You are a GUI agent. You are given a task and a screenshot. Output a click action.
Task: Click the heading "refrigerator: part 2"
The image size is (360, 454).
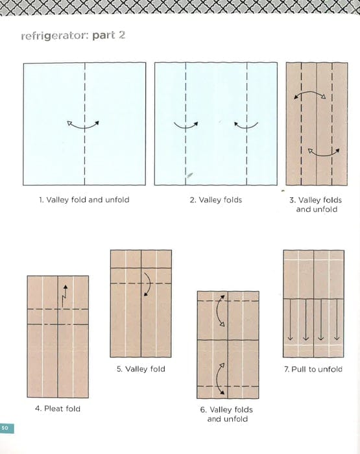coord(73,35)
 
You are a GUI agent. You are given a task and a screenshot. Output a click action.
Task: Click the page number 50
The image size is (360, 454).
coord(5,428)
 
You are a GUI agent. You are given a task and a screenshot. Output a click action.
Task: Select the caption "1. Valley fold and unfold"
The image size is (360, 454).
coord(84,200)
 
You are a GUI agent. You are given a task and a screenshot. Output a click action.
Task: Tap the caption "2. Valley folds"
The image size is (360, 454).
coord(215,200)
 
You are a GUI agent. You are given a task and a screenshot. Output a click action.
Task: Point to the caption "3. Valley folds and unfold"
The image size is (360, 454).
coord(316,205)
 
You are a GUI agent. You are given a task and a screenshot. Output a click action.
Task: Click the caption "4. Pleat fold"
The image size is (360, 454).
coord(58,409)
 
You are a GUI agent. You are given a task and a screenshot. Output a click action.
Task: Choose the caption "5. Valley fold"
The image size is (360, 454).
coord(141,369)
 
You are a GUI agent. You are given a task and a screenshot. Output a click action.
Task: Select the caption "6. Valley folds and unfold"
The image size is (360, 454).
coord(227,414)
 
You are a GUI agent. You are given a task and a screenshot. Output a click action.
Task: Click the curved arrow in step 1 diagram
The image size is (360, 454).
coord(82,125)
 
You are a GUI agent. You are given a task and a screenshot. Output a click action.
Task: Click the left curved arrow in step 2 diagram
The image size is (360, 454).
coord(186,125)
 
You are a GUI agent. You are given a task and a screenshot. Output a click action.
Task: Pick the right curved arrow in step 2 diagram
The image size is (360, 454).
coord(246,125)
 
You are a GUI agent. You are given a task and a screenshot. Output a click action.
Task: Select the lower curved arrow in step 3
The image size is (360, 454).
coord(323,152)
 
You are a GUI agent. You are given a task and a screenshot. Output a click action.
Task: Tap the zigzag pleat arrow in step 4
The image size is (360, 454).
coord(64,295)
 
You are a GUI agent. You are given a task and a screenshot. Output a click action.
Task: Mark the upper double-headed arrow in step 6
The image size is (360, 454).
coord(221,312)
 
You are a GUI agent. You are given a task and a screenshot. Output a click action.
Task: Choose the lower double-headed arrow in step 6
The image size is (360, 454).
coord(221,377)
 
